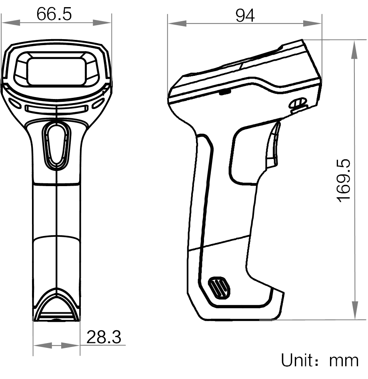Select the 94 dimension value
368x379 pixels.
[245, 16]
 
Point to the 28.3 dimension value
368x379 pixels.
[104, 338]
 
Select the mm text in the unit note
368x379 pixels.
[344, 361]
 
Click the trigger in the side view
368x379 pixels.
[272, 145]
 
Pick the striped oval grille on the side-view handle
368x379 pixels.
[219, 287]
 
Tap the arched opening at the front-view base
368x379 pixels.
[56, 308]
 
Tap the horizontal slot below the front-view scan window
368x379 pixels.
[56, 109]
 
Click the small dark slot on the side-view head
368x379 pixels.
[225, 92]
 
